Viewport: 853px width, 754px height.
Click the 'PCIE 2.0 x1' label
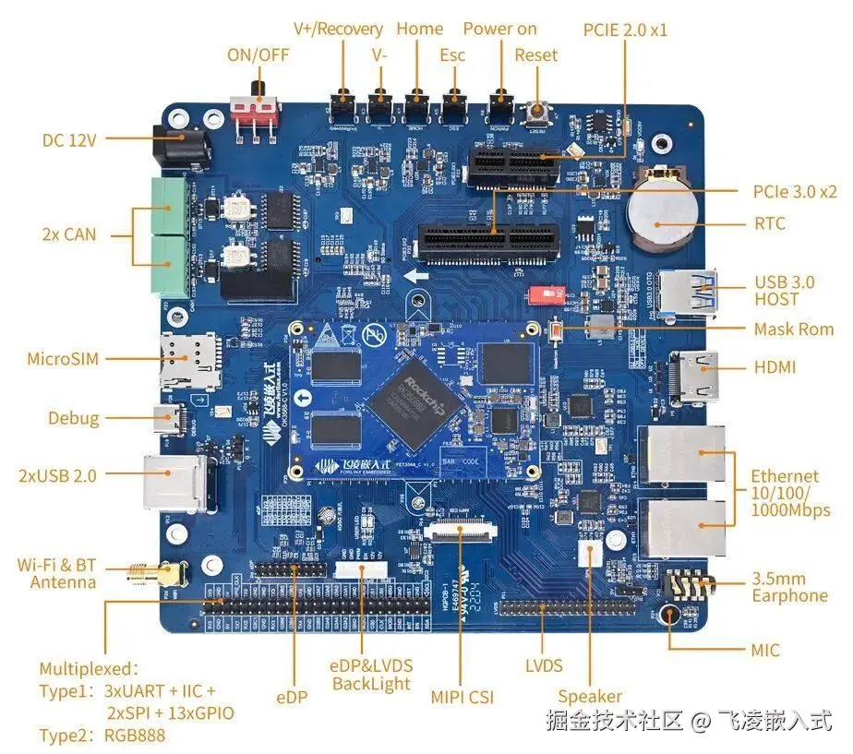point(625,30)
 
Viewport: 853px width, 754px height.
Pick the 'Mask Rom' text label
point(793,329)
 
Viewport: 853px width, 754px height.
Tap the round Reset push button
point(536,114)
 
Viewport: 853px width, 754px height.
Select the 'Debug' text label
point(74,418)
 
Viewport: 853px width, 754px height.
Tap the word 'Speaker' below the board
point(589,697)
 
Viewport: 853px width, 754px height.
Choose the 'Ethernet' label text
point(785,476)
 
